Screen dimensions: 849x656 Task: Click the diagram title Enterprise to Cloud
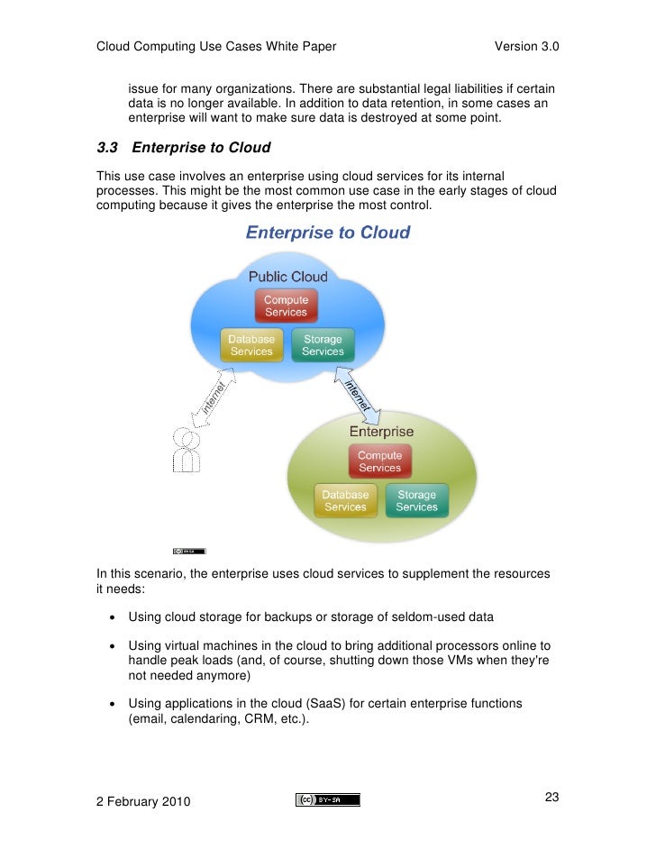(x=328, y=233)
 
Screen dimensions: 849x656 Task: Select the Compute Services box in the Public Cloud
(x=286, y=306)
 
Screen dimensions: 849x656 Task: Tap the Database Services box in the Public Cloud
(x=251, y=345)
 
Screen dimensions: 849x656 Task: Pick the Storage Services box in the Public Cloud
(x=323, y=345)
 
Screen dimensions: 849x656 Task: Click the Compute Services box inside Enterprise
(x=379, y=461)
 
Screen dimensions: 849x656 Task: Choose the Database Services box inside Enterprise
(x=345, y=501)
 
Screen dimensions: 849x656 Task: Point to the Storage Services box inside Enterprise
(x=416, y=501)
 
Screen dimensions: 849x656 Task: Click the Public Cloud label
(x=287, y=277)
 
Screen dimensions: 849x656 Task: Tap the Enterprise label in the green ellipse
(x=381, y=433)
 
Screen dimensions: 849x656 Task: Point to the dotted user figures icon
(x=187, y=448)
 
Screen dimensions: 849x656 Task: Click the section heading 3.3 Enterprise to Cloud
(x=184, y=147)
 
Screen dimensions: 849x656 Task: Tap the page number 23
(x=552, y=797)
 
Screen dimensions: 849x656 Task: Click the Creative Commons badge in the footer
(x=327, y=799)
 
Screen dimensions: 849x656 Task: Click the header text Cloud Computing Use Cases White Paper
(x=216, y=47)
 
